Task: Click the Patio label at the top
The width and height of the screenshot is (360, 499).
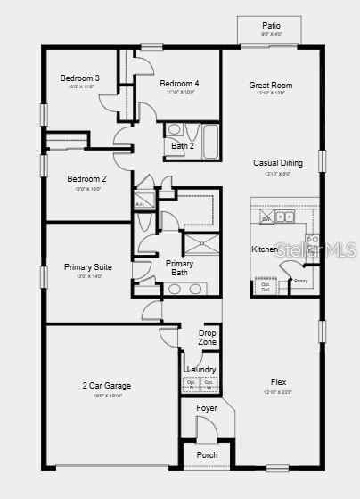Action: (271, 26)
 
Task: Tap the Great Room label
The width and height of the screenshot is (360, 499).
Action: (271, 86)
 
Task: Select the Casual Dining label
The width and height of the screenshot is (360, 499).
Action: (278, 163)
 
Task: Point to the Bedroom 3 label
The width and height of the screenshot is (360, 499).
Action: (80, 78)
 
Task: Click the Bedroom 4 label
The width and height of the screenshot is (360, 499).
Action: (179, 84)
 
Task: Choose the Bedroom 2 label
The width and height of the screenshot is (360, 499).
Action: (86, 178)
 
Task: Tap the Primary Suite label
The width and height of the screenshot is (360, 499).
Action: (87, 266)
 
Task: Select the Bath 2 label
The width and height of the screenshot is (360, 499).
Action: (183, 145)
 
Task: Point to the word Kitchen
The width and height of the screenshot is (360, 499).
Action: (265, 250)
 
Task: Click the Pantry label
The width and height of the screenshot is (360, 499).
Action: (301, 281)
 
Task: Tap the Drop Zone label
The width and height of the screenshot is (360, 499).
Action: (208, 338)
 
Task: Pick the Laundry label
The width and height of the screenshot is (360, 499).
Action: (200, 369)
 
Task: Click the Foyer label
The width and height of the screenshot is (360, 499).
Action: (206, 408)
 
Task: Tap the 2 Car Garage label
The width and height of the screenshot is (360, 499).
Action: (107, 386)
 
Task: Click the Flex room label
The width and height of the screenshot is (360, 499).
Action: (278, 382)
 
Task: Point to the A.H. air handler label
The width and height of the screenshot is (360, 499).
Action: (140, 204)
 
